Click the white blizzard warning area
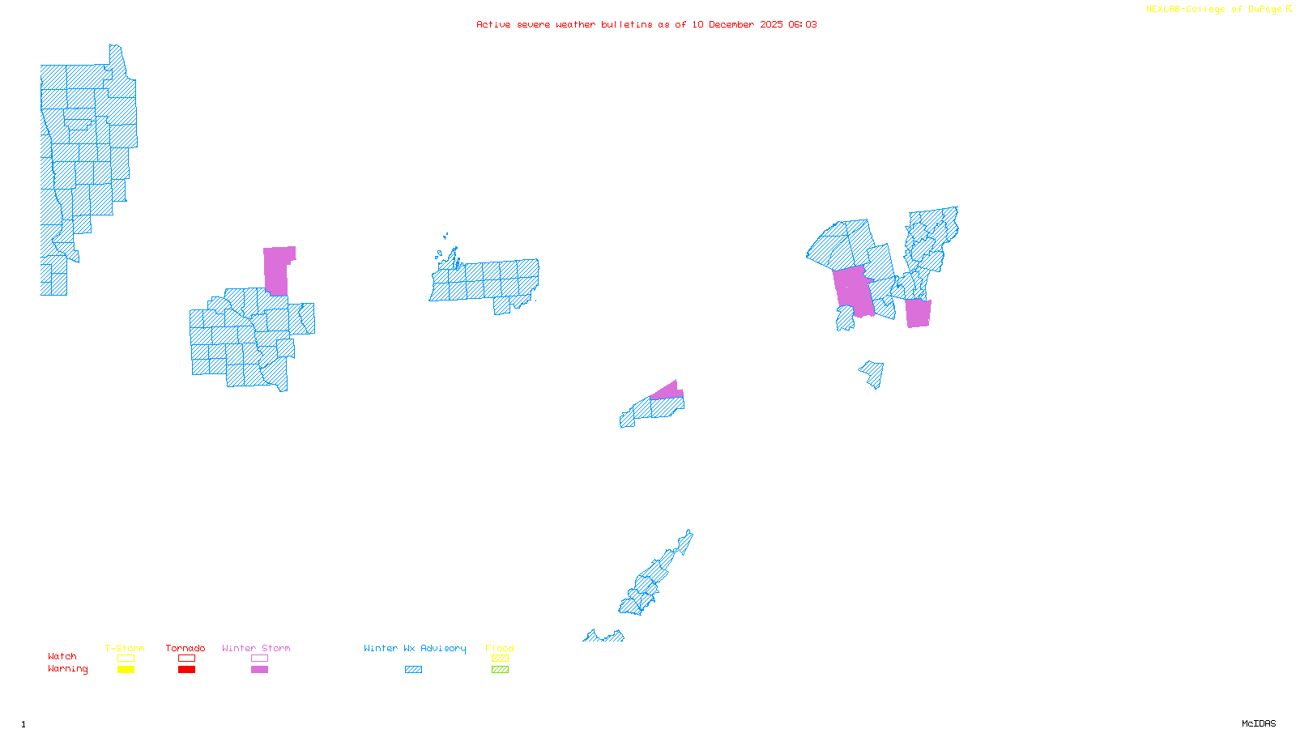click(684, 557)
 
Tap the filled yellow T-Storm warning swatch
click(126, 669)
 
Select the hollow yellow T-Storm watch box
click(126, 659)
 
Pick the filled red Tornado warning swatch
click(186, 669)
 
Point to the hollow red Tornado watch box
click(186, 659)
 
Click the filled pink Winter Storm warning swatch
click(259, 669)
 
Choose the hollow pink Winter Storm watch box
click(259, 659)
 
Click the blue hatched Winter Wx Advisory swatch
click(413, 669)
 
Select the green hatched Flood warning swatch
click(500, 669)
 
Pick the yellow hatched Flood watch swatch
click(500, 659)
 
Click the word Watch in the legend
click(62, 656)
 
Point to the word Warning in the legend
click(68, 669)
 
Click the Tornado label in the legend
click(185, 648)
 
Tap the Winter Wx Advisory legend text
click(415, 648)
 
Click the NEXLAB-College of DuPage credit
click(1218, 10)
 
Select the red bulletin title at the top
click(646, 24)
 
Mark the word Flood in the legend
click(500, 648)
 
